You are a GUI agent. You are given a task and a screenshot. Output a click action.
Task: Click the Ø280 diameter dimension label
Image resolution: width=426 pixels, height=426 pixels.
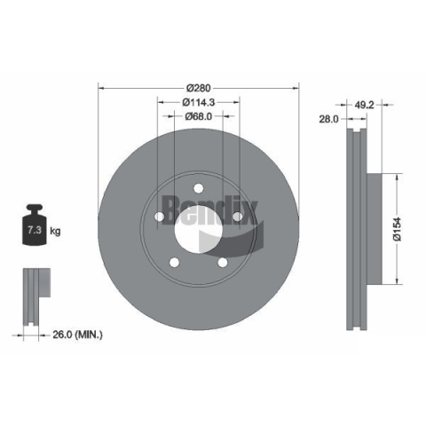(198, 88)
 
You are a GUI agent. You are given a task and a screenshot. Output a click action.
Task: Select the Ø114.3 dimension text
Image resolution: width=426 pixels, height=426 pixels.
(198, 102)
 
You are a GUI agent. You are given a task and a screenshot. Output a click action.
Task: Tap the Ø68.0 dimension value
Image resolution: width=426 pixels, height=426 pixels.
(198, 116)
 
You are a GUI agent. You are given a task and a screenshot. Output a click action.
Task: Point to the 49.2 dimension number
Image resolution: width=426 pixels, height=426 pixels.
(364, 105)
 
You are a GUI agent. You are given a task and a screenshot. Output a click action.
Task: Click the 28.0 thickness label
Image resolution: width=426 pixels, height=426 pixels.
(328, 119)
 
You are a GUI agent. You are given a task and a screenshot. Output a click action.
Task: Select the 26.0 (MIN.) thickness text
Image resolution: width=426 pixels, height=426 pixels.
(77, 335)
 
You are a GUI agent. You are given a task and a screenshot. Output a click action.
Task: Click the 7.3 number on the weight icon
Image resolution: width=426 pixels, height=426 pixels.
(35, 230)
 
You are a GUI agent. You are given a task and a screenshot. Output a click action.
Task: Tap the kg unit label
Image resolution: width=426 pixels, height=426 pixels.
(55, 231)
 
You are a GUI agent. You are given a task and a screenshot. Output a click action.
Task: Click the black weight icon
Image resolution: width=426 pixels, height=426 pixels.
(35, 225)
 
